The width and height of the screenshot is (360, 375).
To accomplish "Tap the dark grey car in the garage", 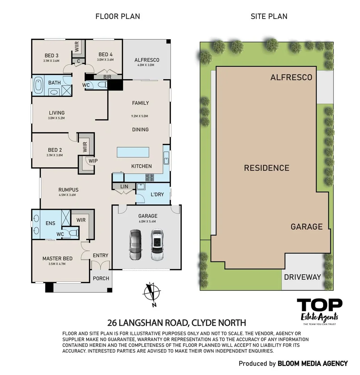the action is (136, 245).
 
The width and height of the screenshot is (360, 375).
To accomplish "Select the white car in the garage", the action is (157, 245).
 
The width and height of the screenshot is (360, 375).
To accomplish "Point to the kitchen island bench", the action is (133, 152).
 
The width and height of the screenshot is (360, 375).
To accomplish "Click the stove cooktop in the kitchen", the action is (150, 177).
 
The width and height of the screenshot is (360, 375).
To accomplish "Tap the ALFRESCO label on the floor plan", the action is (147, 60).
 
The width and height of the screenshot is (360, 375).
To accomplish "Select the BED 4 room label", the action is (105, 55).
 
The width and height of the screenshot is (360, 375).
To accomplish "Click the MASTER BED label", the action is (57, 259).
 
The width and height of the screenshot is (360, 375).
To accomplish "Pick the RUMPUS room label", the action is (68, 190).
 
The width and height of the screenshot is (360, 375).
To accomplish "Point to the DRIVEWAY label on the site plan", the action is (302, 277).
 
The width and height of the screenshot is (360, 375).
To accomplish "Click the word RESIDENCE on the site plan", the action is (267, 168).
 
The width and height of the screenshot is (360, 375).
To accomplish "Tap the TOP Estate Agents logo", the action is (320, 312).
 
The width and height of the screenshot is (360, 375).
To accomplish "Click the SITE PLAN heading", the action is (269, 16).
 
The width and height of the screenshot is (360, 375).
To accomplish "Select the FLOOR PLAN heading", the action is (118, 16).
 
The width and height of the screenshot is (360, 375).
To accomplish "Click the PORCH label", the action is (101, 278).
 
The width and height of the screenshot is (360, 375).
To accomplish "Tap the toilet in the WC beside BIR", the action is (102, 85).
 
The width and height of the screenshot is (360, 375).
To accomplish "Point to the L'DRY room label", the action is (157, 194).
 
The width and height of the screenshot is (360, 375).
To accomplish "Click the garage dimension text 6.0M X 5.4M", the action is (147, 222).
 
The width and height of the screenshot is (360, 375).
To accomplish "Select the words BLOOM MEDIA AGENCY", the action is (313, 364).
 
